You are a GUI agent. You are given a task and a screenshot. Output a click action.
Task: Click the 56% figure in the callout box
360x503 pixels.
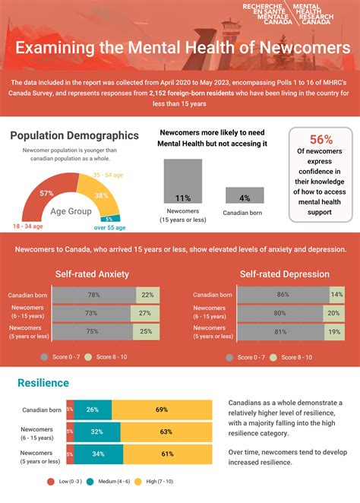(321, 139)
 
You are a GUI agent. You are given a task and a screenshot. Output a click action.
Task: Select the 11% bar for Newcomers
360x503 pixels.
(183, 182)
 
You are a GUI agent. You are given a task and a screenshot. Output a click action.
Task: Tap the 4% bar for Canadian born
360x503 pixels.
(245, 195)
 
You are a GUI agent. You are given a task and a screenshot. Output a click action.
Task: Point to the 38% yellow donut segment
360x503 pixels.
(102, 195)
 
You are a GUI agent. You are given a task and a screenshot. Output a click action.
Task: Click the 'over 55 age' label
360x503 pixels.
(109, 226)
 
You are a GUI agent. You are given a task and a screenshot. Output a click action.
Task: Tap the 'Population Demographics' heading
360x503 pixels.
(74, 135)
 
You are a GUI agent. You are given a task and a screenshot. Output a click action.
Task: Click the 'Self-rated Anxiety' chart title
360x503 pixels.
(93, 274)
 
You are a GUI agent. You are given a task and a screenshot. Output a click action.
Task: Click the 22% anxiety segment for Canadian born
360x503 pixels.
(147, 295)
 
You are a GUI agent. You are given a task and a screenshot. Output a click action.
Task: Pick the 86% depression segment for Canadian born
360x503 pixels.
(283, 294)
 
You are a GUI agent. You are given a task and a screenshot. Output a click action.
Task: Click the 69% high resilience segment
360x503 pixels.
(162, 410)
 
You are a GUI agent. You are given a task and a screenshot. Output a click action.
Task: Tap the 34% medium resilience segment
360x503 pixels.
(99, 454)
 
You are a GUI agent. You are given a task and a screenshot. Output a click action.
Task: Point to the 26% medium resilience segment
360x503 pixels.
(93, 410)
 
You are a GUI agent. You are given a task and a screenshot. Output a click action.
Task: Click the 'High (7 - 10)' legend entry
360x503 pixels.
(161, 482)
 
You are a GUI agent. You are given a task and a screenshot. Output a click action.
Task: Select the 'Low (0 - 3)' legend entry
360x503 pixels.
(68, 482)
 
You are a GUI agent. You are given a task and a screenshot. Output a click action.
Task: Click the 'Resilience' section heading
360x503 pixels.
(43, 383)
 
